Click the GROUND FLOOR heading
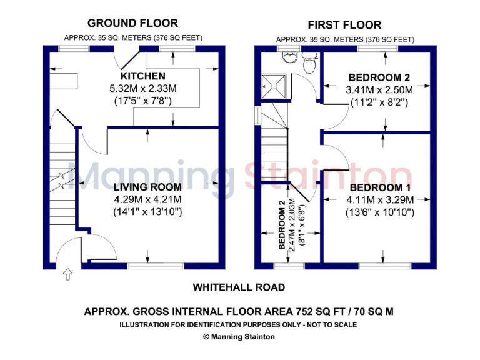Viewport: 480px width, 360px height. (x=132, y=23)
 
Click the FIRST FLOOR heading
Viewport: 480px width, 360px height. (x=344, y=25)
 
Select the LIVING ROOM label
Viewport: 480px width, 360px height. (x=147, y=187)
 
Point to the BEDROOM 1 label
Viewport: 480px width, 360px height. (x=380, y=187)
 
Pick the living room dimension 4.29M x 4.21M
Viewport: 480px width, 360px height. (x=147, y=199)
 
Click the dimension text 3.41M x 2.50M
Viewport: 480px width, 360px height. (x=379, y=90)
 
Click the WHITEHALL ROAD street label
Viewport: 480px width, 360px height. (x=239, y=287)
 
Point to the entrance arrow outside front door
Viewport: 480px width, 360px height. (x=67, y=274)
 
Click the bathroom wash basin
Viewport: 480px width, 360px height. (x=290, y=58)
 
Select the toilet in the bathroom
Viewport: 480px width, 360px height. (x=309, y=62)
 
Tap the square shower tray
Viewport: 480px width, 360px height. (x=274, y=83)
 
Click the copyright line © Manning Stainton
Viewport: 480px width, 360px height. (x=239, y=336)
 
